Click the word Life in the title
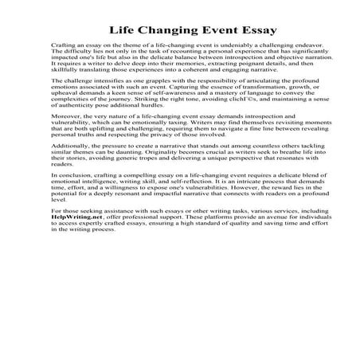pos(122,31)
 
